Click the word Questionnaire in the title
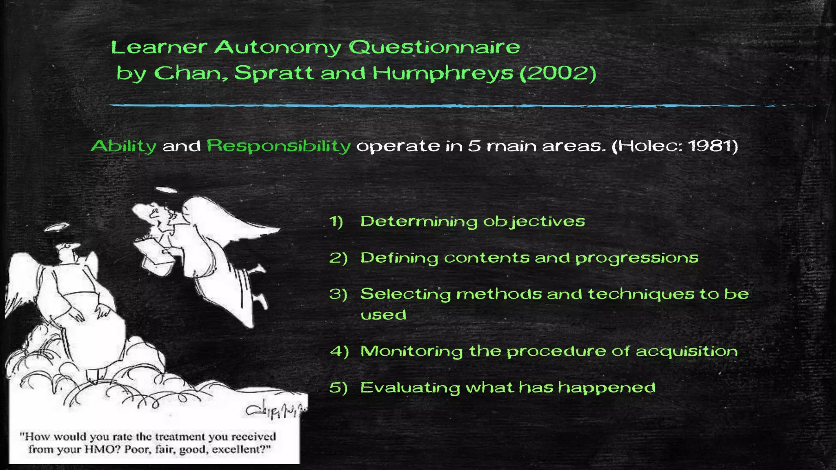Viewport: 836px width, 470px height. pos(434,47)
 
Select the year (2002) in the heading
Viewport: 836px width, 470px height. pos(558,73)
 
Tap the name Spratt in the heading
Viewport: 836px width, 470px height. pos(274,73)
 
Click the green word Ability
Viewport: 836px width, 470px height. pos(124,146)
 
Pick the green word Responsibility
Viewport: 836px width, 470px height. pos(278,146)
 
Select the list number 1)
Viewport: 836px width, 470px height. pos(336,222)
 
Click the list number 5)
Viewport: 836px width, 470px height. pos(338,388)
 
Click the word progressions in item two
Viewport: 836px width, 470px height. pos(637,258)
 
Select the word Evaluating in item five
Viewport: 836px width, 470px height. pos(410,388)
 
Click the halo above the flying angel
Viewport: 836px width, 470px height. pos(167,190)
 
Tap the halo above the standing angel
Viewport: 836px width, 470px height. pos(57,227)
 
